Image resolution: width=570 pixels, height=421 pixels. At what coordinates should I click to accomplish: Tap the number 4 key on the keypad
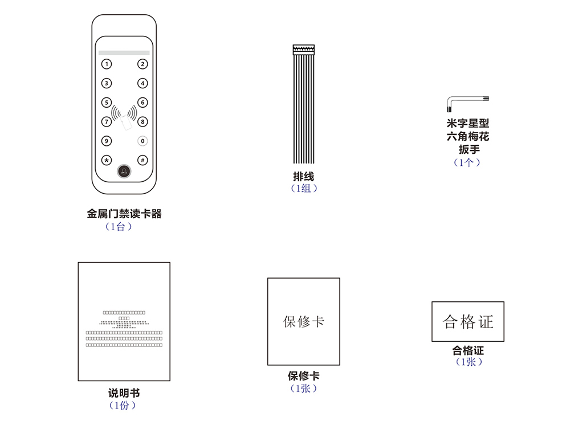[142, 83]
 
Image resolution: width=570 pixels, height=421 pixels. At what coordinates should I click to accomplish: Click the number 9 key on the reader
[106, 141]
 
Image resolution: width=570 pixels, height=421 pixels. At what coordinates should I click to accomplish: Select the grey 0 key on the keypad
[142, 141]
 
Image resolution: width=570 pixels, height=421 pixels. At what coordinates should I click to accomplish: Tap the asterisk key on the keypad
[106, 160]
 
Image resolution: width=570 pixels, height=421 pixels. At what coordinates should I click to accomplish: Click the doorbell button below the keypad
[124, 171]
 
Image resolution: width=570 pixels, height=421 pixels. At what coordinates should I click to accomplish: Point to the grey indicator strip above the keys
[124, 52]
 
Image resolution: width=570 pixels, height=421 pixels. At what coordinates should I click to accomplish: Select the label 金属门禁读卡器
[124, 214]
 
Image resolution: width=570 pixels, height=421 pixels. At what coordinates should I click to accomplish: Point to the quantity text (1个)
[467, 162]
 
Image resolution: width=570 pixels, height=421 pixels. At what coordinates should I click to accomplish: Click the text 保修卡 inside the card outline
[304, 321]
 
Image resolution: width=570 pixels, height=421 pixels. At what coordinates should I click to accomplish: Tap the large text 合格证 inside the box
[467, 322]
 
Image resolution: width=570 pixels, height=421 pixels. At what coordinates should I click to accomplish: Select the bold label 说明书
[124, 393]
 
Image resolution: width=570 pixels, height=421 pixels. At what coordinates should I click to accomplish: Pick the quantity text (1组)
[304, 189]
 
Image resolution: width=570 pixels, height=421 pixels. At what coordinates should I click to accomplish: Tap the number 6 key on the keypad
[142, 103]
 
